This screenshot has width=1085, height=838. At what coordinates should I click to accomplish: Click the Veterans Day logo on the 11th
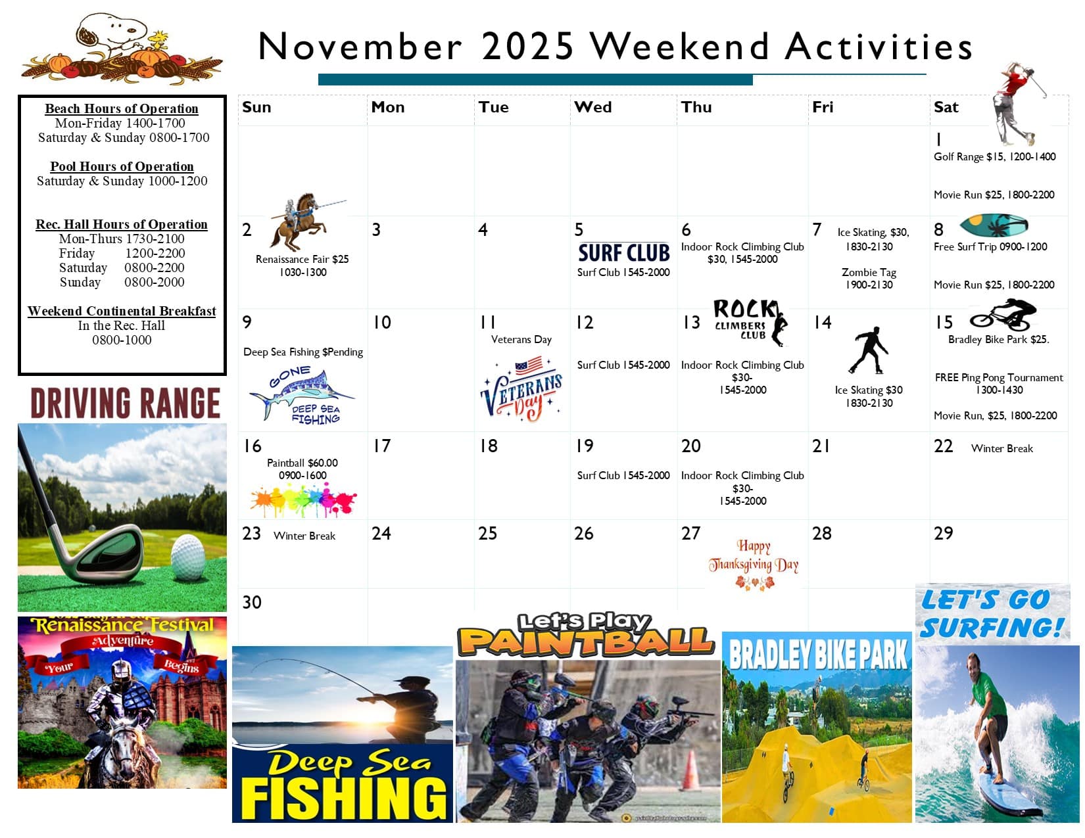click(x=521, y=388)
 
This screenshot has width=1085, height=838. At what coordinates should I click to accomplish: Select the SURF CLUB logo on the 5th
click(x=623, y=253)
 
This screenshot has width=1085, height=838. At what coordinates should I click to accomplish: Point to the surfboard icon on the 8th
click(x=994, y=225)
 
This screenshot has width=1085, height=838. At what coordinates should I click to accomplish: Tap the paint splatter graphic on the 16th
click(x=302, y=501)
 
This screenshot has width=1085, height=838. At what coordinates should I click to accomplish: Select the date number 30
click(x=252, y=602)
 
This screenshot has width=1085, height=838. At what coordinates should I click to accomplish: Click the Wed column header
click(x=592, y=107)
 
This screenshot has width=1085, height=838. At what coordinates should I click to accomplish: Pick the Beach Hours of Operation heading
click(x=122, y=108)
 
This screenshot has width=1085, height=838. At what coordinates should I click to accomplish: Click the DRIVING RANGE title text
click(x=125, y=403)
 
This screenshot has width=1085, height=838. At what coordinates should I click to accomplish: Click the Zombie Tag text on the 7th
click(x=869, y=272)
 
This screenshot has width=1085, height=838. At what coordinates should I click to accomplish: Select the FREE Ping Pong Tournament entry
click(x=998, y=377)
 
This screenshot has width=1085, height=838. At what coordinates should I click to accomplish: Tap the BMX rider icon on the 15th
click(x=1003, y=314)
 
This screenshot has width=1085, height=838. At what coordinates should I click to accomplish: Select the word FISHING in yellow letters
click(x=343, y=797)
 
